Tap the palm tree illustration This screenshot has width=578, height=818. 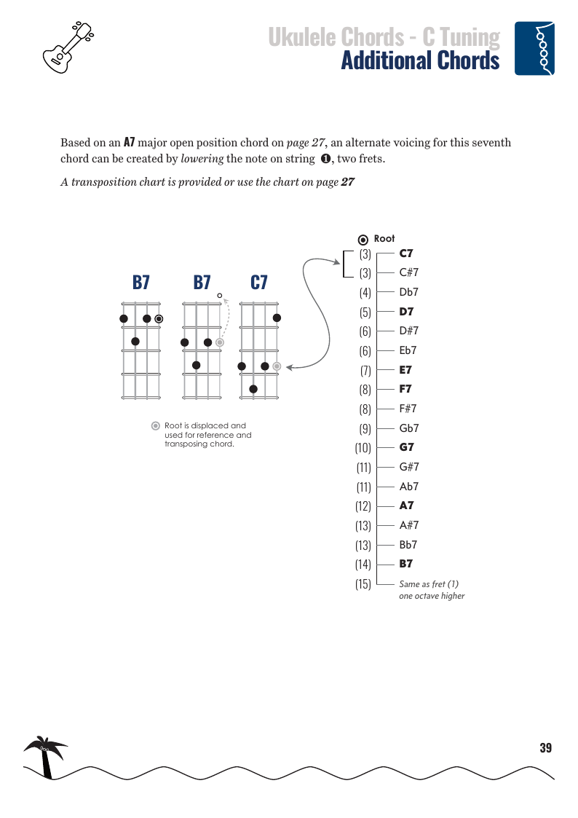(x=45, y=756)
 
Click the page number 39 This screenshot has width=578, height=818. (x=545, y=748)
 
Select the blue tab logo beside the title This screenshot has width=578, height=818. (x=534, y=48)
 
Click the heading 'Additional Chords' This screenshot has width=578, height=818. (x=420, y=60)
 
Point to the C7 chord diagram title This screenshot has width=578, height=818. (x=258, y=283)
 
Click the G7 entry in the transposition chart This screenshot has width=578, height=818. (x=406, y=447)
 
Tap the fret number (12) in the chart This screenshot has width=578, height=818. (x=363, y=506)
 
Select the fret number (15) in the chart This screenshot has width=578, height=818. (x=363, y=583)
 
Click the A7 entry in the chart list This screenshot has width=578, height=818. (x=406, y=506)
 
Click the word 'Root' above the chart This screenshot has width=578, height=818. (x=384, y=239)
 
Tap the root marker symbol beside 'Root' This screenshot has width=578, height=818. (x=363, y=240)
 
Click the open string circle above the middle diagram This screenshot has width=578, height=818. (x=219, y=295)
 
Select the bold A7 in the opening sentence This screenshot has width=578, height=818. (x=129, y=142)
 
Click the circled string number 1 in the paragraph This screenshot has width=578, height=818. (x=326, y=159)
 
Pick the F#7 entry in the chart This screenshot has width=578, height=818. (x=408, y=409)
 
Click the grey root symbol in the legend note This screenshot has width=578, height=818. (x=155, y=426)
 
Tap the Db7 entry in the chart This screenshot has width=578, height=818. (x=409, y=292)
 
